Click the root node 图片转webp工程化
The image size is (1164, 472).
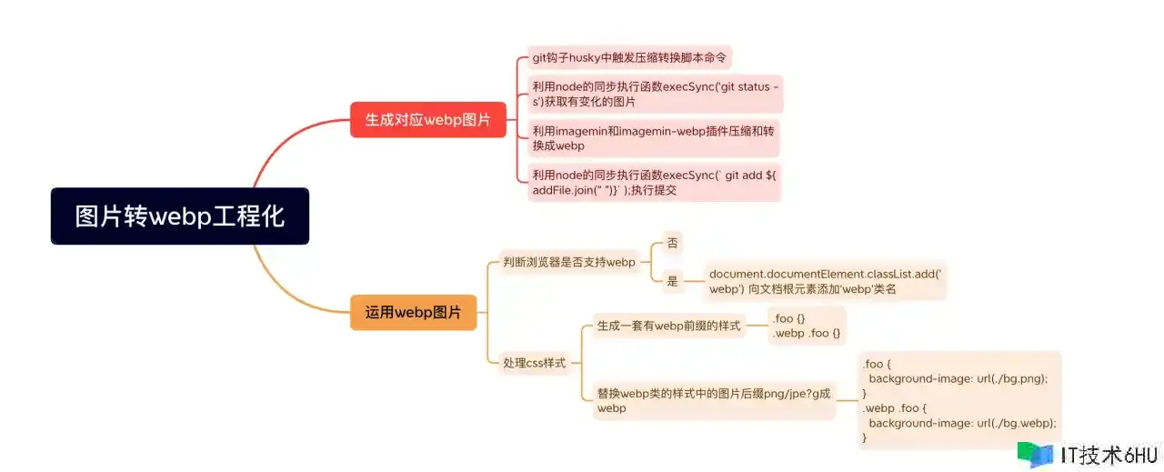point(180,216)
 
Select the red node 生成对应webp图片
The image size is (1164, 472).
point(427,119)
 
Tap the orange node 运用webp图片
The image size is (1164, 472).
point(413,312)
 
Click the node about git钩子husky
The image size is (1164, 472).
point(629,57)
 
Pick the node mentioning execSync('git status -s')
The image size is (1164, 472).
point(656,94)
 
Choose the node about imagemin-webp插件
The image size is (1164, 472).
point(654,138)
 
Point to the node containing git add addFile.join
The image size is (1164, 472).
point(654,183)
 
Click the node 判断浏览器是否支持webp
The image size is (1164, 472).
point(569,262)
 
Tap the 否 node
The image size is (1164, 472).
point(672,243)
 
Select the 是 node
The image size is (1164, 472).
point(672,281)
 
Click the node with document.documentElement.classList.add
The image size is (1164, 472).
point(825,281)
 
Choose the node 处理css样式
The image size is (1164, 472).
point(534,363)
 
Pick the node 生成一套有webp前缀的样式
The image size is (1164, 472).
point(668,326)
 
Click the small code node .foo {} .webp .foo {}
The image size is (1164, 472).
point(807,326)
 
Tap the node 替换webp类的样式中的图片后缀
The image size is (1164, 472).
point(714,401)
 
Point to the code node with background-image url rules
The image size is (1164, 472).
point(959,400)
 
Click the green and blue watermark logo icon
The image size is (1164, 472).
point(1035,455)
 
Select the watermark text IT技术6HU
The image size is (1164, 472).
point(1109,456)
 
